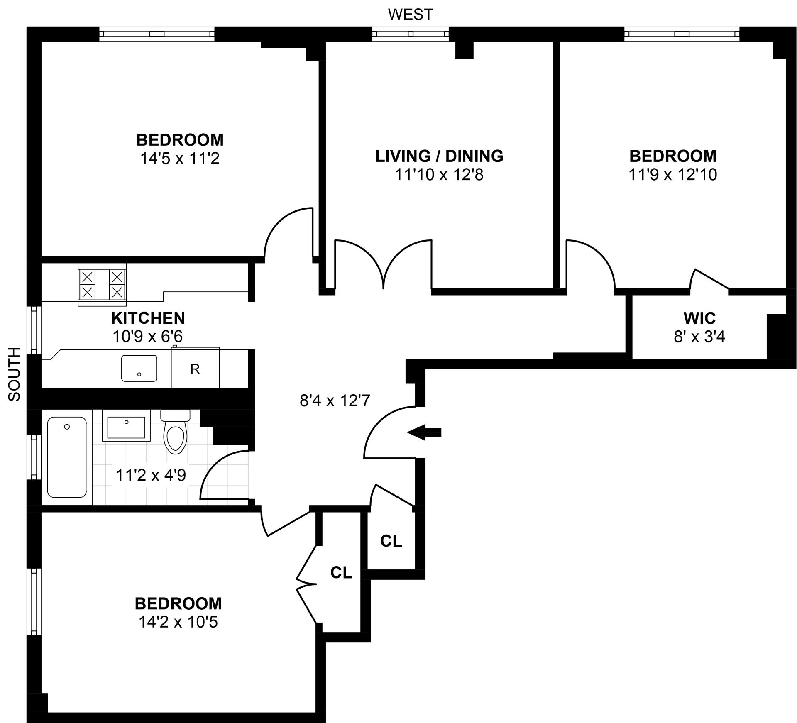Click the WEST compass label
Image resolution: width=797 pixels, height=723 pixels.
410,15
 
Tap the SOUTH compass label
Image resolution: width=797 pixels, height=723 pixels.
15,374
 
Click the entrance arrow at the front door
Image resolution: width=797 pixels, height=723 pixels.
424,432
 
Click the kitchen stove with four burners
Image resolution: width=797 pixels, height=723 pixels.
102,285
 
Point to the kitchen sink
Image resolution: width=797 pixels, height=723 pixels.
139,368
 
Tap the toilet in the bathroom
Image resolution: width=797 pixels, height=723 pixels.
176,432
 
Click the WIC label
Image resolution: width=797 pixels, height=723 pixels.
699,318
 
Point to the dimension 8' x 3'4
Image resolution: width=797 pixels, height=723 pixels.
699,337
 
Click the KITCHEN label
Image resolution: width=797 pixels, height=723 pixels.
148,318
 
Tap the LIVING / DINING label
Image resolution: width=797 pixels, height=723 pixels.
440,156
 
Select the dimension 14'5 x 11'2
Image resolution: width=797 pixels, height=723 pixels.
180,159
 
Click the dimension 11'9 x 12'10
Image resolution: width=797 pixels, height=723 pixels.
673,175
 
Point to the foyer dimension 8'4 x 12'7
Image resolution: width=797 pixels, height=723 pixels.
335,401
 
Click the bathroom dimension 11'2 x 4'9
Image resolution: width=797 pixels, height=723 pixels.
151,475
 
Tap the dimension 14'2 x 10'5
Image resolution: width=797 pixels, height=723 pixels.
178,622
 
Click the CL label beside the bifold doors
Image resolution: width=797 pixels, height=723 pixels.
341,572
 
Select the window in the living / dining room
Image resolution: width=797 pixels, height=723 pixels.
411,34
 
